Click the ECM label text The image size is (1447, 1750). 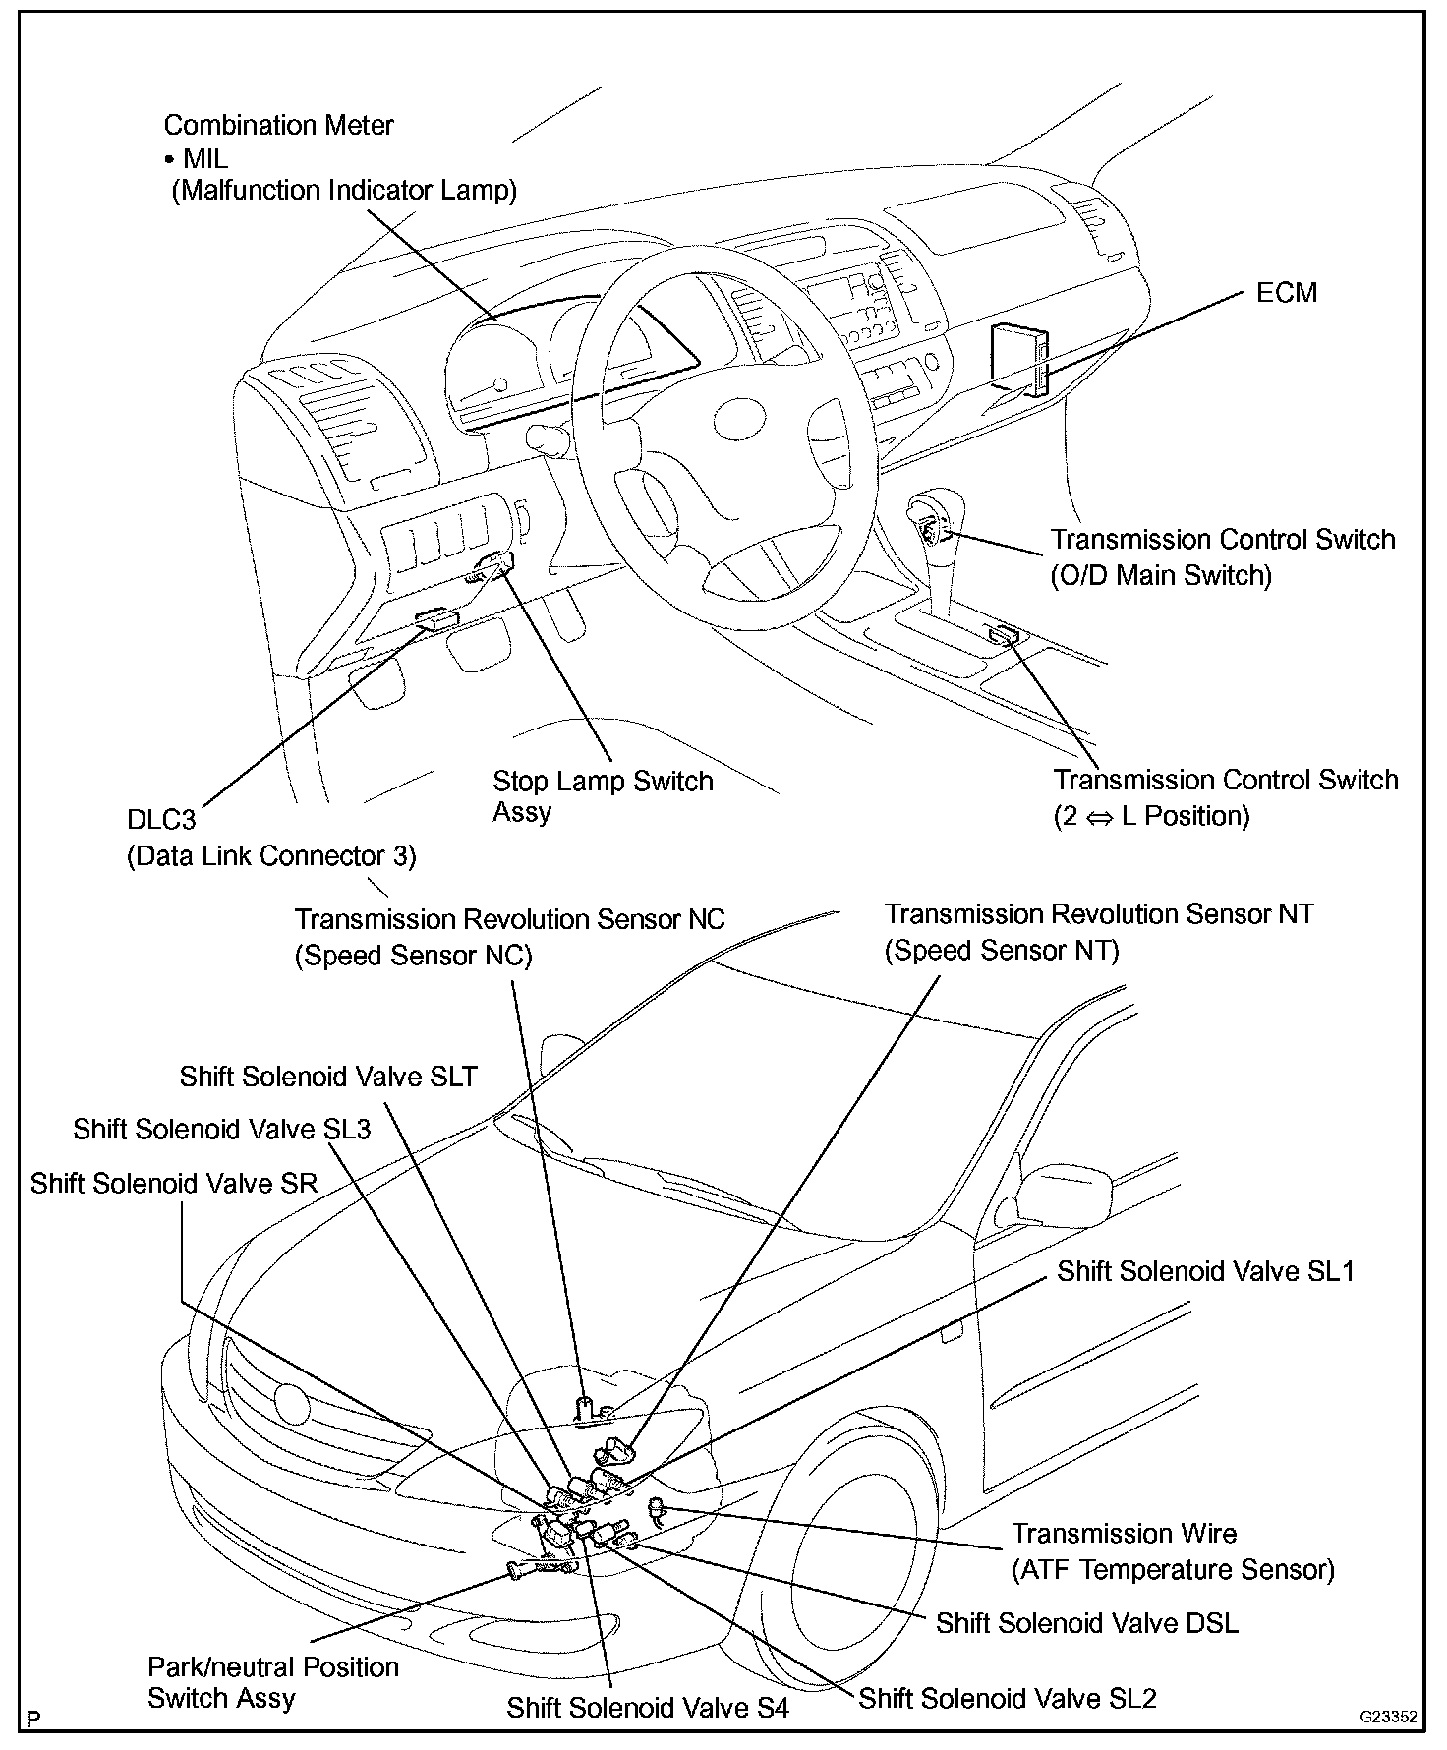tap(1286, 292)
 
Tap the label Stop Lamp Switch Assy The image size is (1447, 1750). tap(602, 796)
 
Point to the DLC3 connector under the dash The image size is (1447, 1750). tap(435, 618)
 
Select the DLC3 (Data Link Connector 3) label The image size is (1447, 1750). tap(271, 839)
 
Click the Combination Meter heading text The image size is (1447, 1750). tap(278, 126)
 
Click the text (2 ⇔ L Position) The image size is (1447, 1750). tap(1151, 815)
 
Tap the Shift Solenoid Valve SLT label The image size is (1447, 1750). tap(327, 1077)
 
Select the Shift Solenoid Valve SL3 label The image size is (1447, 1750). tap(221, 1129)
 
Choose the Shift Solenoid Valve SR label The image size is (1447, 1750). tap(174, 1183)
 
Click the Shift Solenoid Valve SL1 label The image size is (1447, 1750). tap(1205, 1271)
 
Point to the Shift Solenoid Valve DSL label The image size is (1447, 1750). tap(1086, 1622)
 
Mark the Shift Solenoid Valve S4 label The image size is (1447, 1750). tap(648, 1708)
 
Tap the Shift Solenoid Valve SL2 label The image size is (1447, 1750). tap(1008, 1698)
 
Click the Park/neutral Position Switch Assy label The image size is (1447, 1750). tap(272, 1682)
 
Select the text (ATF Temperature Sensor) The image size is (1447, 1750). tap(1173, 1570)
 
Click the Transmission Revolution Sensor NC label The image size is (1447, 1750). tap(509, 920)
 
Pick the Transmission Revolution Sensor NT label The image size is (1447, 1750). tap(1098, 914)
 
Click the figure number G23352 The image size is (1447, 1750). tap(1388, 1718)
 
